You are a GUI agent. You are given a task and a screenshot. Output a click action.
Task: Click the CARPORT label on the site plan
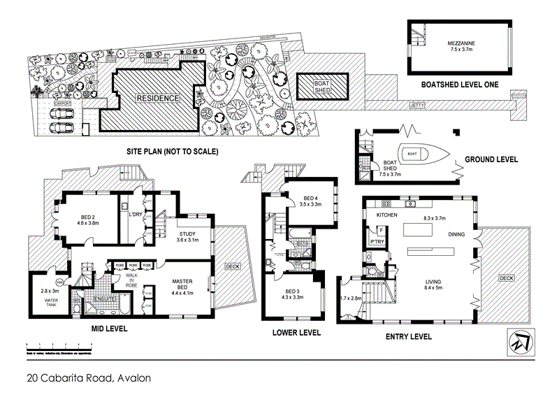[64, 103]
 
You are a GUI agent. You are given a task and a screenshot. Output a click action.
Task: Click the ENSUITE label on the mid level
[105, 299]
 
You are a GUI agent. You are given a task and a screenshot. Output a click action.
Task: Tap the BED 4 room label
[310, 198]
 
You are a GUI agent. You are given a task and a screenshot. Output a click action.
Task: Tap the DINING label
[458, 236]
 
